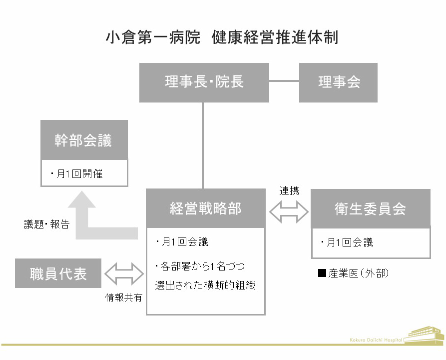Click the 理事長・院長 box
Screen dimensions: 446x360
click(x=204, y=82)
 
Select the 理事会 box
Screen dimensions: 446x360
click(x=338, y=82)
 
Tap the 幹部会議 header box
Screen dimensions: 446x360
click(x=84, y=140)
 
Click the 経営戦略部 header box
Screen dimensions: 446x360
click(x=206, y=208)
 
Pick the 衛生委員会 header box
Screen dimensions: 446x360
click(x=371, y=208)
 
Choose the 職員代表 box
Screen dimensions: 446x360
click(x=58, y=273)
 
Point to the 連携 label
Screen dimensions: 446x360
click(x=289, y=191)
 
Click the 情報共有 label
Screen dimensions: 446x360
click(x=124, y=297)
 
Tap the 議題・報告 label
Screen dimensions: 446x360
click(x=46, y=224)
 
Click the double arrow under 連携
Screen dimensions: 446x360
click(x=289, y=211)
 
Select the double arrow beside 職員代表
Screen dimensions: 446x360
click(x=124, y=273)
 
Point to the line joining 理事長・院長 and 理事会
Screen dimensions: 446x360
click(x=284, y=81)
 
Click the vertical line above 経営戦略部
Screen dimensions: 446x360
click(x=203, y=145)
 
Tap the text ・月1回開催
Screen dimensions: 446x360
click(x=76, y=173)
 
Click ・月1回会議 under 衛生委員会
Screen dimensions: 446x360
click(x=347, y=242)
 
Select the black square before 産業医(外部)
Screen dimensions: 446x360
click(x=322, y=273)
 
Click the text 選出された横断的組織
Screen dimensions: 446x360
click(x=205, y=285)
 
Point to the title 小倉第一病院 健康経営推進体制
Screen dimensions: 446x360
click(x=222, y=37)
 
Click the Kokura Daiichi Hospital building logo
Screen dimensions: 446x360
click(x=424, y=336)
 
